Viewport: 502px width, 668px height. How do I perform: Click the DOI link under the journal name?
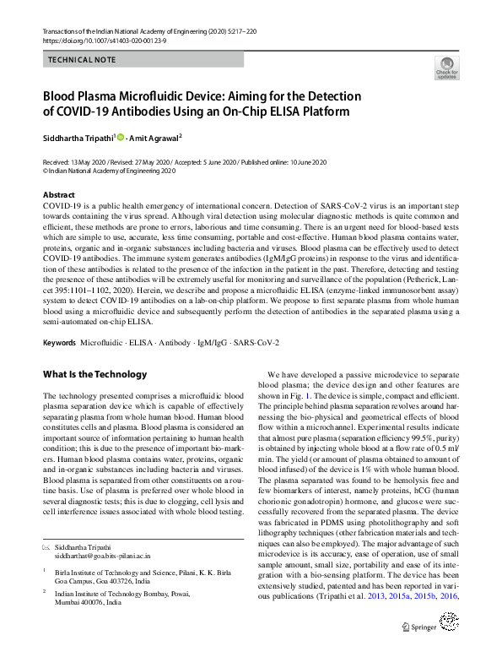click(99, 40)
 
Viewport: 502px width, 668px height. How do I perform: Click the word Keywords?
click(59, 344)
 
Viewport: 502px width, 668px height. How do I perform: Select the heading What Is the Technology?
click(94, 374)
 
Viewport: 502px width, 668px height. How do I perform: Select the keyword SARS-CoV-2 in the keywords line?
click(256, 344)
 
